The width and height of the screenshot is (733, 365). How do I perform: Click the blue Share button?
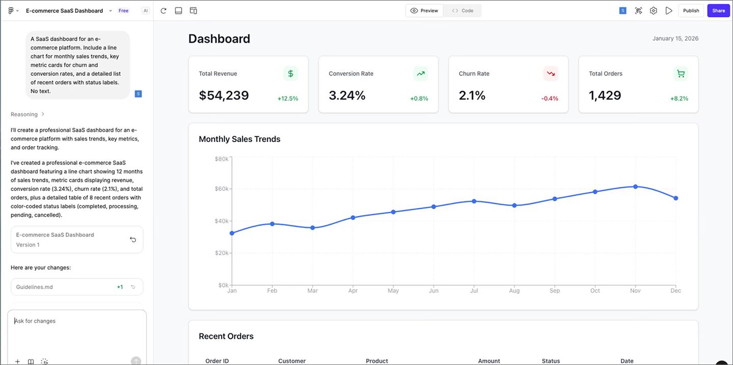[718, 11]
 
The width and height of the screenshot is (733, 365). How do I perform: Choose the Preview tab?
[425, 11]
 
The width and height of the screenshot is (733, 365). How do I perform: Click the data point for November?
[635, 187]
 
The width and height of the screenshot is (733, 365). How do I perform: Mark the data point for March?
[313, 228]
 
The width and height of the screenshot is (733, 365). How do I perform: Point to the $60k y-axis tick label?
[221, 189]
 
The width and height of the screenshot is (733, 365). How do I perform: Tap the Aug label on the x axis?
[514, 291]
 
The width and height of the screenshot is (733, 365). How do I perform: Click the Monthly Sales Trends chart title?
[239, 139]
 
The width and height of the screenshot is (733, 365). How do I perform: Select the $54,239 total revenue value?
[223, 95]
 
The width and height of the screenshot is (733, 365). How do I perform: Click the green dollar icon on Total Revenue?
[291, 74]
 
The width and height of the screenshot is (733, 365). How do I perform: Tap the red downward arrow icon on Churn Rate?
[551, 74]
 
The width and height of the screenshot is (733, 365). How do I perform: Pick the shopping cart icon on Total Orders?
[681, 74]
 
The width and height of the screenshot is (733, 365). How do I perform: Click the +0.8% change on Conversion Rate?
[419, 99]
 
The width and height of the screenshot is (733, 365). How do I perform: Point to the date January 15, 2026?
[675, 39]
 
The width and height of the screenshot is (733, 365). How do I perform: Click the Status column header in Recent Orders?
[551, 361]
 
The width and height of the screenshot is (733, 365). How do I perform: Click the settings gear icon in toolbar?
[654, 11]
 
